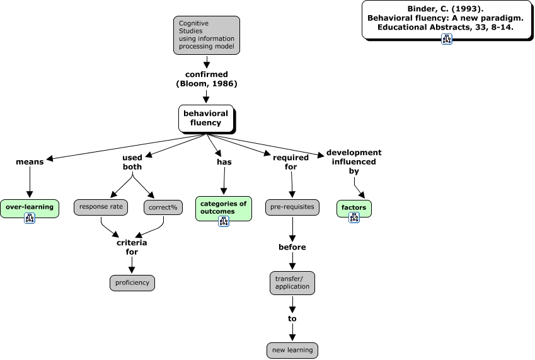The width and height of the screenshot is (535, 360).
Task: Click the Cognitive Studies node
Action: coord(207,35)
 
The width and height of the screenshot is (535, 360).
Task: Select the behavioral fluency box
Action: coord(205,119)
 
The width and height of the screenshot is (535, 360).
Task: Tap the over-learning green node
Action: coord(30,207)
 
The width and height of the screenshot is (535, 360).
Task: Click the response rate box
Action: coord(101,206)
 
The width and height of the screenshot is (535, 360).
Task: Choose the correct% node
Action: coord(163,207)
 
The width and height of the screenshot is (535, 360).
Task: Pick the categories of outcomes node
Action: coord(223,207)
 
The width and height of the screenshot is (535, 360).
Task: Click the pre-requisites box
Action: coord(292,207)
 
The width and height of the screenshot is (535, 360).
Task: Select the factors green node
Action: coord(354,207)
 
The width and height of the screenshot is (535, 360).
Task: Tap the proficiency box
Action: coord(132,282)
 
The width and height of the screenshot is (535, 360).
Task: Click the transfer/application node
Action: coord(292,282)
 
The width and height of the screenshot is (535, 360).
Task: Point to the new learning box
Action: coord(292,350)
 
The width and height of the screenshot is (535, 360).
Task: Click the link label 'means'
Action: coord(30,161)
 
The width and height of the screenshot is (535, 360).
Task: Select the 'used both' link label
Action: coord(132,162)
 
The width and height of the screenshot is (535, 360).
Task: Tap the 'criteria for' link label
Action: coord(132,247)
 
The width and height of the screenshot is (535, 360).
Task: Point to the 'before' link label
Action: coord(292,247)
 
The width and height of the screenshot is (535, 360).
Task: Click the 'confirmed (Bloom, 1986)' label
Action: coord(206,79)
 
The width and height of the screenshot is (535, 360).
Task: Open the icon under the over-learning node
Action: coord(30,218)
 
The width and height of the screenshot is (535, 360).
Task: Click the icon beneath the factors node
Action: coord(354,218)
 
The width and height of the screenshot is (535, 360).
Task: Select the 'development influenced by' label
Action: coord(354,161)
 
